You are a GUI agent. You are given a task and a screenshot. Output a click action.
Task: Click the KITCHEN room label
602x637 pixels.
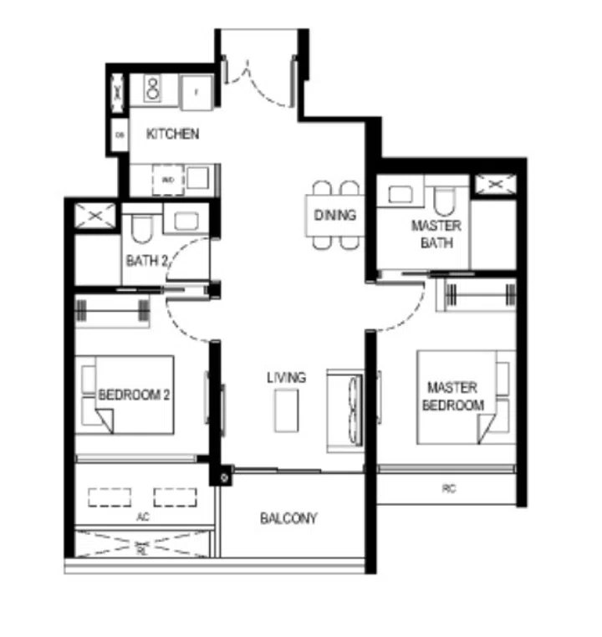173,134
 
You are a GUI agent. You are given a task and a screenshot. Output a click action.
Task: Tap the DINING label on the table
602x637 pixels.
335,216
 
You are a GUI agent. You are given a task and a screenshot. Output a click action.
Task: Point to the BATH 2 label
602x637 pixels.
148,261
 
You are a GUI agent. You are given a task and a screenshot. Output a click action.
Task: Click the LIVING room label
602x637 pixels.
286,378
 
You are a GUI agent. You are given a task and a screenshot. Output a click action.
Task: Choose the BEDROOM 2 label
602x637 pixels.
135,395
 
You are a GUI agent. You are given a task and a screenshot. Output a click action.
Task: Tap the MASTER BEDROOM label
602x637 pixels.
451,396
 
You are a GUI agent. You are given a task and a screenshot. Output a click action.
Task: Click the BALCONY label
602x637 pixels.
288,518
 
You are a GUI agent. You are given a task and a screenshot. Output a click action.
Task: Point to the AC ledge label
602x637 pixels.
141,517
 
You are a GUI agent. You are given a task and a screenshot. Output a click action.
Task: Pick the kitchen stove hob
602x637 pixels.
156,87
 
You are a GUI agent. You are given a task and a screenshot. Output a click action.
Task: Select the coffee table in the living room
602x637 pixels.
286,410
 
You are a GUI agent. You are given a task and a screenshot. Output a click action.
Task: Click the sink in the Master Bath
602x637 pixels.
399,195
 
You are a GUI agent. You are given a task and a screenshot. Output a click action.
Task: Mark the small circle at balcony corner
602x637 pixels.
223,478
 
